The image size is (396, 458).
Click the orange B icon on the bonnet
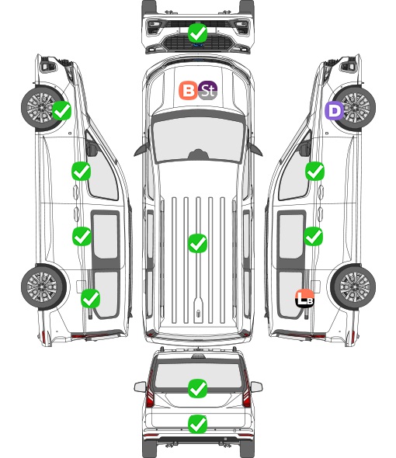[188, 90]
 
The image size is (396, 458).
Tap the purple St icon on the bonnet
[207, 90]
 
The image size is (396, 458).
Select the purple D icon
[335, 111]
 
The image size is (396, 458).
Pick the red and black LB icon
[304, 298]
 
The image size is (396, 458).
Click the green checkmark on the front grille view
[198, 33]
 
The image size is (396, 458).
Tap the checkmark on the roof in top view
[198, 243]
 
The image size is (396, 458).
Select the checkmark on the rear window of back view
[198, 388]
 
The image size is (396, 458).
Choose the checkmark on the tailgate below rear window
[198, 424]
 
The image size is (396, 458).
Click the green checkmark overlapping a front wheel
[61, 110]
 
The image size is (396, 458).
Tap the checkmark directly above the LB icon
[314, 236]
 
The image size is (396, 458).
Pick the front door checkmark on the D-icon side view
[314, 171]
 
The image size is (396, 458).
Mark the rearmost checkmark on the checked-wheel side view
[91, 298]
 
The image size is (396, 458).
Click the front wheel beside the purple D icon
[354, 108]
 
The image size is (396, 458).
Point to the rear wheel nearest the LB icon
[353, 286]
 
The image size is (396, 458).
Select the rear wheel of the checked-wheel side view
[43, 286]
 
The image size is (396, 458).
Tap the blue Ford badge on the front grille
[198, 45]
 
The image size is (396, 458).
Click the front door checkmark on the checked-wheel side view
[82, 171]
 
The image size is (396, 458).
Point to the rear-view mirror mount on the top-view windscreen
[198, 154]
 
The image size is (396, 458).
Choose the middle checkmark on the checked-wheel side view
[82, 236]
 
